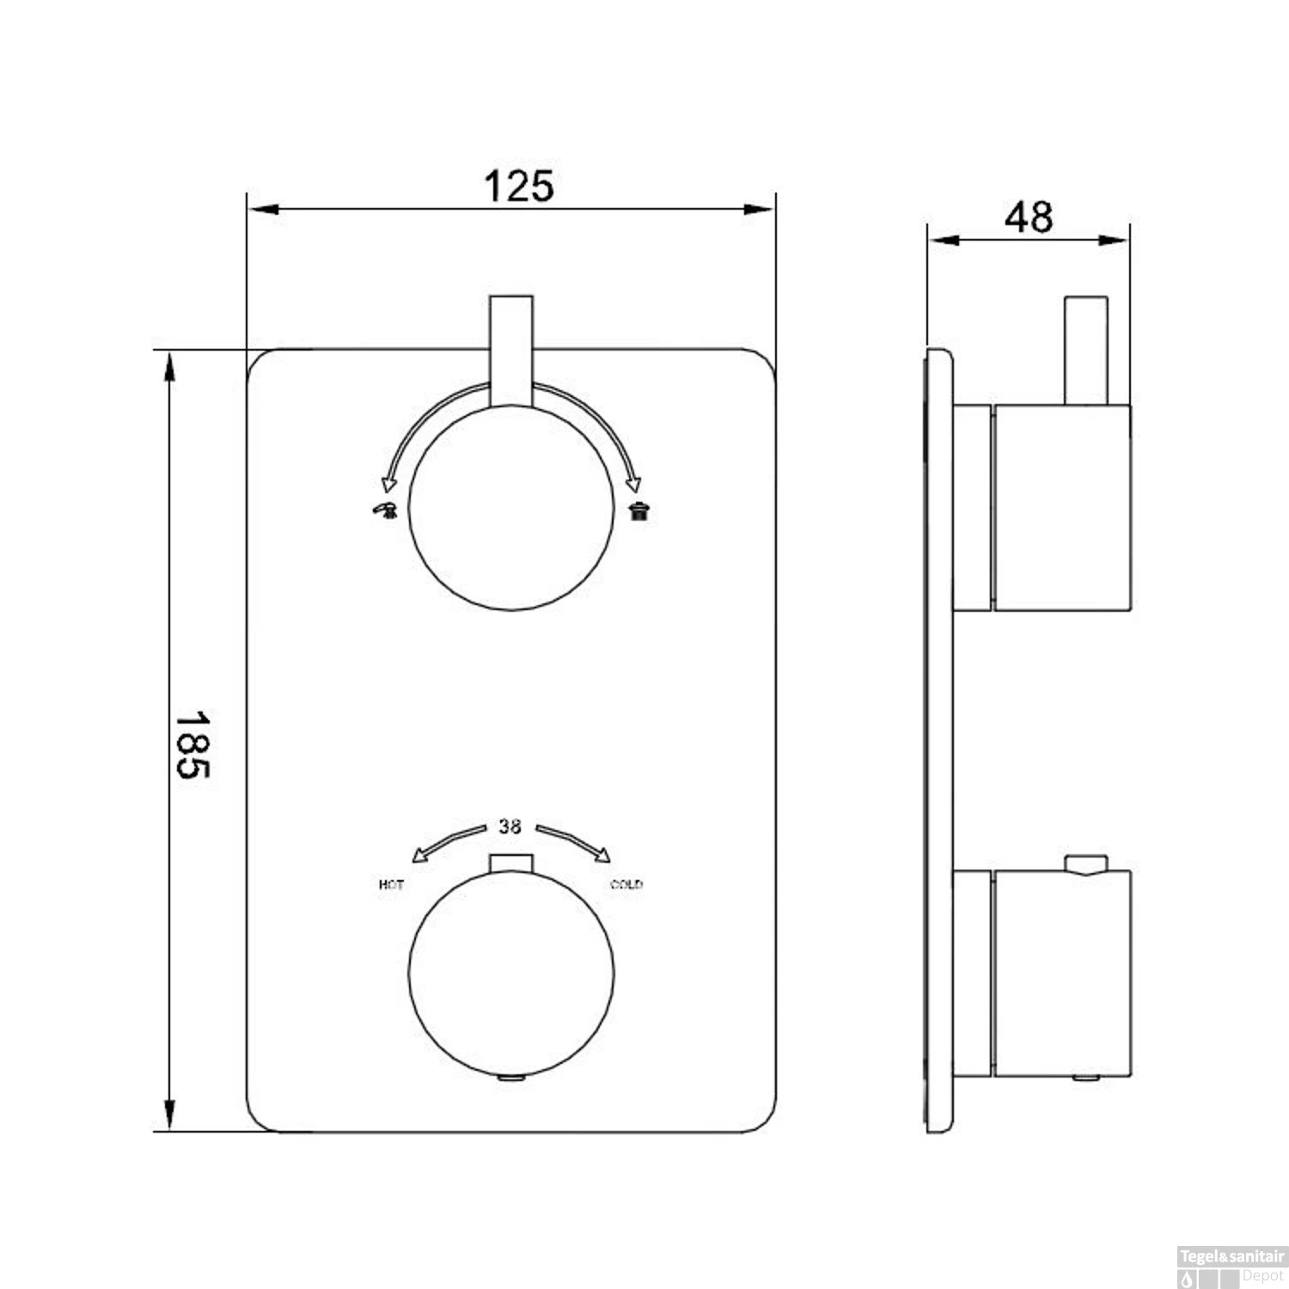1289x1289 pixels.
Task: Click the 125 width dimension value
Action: [519, 186]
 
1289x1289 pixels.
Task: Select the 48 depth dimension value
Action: [1029, 217]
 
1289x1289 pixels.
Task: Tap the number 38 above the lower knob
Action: [510, 827]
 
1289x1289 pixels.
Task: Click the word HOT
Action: [391, 885]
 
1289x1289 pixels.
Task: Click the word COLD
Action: [626, 885]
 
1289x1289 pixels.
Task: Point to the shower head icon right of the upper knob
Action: [638, 512]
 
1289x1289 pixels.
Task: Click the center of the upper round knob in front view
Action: [511, 508]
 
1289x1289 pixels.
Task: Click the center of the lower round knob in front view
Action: [511, 974]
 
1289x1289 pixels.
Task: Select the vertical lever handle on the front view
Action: [511, 348]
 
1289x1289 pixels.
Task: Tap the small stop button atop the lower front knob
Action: [511, 863]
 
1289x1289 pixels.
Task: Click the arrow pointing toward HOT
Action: [448, 841]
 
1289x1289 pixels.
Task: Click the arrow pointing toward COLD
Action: [575, 841]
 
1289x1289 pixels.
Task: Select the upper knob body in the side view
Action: [1062, 508]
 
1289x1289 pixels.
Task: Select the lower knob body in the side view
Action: [1062, 973]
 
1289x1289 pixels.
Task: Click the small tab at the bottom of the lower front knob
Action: [511, 1078]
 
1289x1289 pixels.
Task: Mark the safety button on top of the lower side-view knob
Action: [1086, 864]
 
